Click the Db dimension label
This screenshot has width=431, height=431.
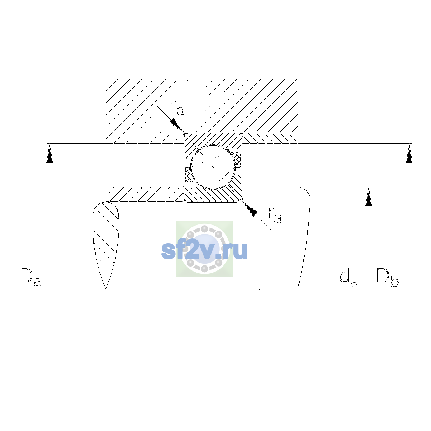tap(388, 277)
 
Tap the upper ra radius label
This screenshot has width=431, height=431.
tap(177, 108)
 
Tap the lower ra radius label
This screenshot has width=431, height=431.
tap(275, 215)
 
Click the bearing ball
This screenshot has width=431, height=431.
tap(213, 167)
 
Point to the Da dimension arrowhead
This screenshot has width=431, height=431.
tap(50, 153)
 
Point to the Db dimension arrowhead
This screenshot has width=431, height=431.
tap(409, 153)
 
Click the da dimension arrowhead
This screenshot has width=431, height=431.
tap(369, 196)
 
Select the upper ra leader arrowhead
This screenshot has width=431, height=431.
tap(177, 125)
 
